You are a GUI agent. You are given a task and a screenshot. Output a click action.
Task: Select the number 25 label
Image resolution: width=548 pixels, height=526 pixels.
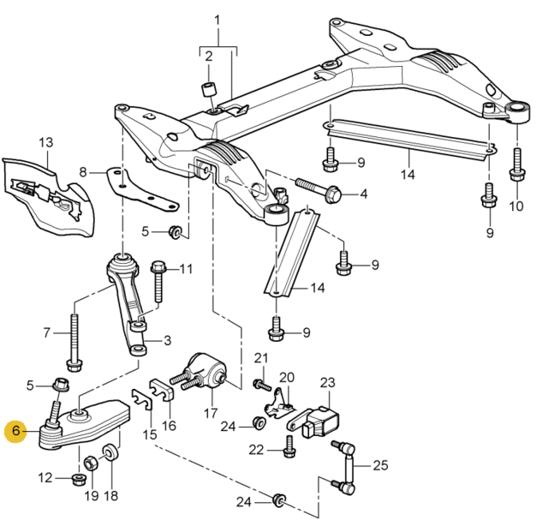pyautogui.click(x=380, y=466)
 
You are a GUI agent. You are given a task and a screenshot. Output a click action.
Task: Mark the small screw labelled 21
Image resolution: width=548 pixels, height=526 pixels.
pyautogui.click(x=258, y=383)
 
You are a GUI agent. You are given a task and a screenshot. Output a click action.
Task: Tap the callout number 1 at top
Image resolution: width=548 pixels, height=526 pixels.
pyautogui.click(x=217, y=19)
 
